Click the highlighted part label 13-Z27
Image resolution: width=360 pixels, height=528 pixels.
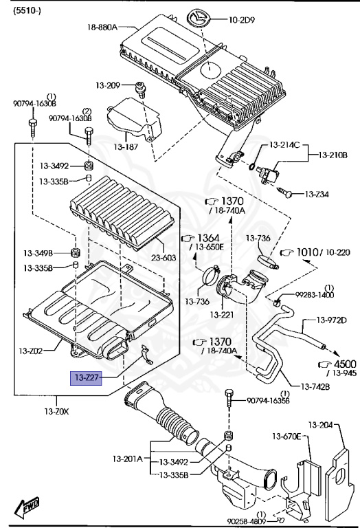coord(87,377)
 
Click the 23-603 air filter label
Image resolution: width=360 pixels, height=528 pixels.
coord(164,258)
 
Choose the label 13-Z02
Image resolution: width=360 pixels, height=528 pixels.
coord(30,351)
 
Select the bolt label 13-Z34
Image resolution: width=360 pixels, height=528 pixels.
coord(317,194)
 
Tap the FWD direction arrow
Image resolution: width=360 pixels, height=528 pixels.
coord(29,508)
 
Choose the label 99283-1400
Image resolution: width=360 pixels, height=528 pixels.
coord(315,294)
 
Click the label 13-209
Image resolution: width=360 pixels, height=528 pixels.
coord(108,85)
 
